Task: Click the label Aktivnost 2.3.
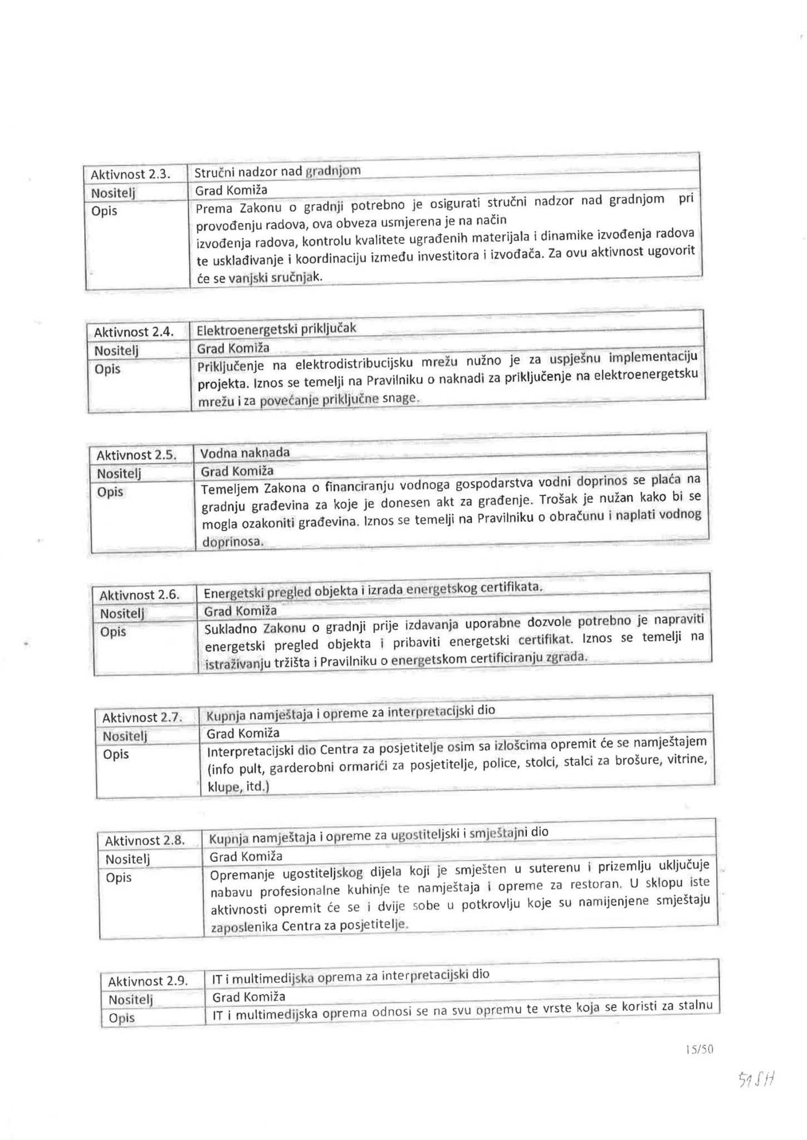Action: tap(130, 174)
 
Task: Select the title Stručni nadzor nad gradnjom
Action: tap(277, 171)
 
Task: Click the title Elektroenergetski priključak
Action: tap(276, 329)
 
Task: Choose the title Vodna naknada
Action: tap(245, 453)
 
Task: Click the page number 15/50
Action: tap(700, 1049)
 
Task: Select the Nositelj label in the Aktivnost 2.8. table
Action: tap(128, 859)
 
